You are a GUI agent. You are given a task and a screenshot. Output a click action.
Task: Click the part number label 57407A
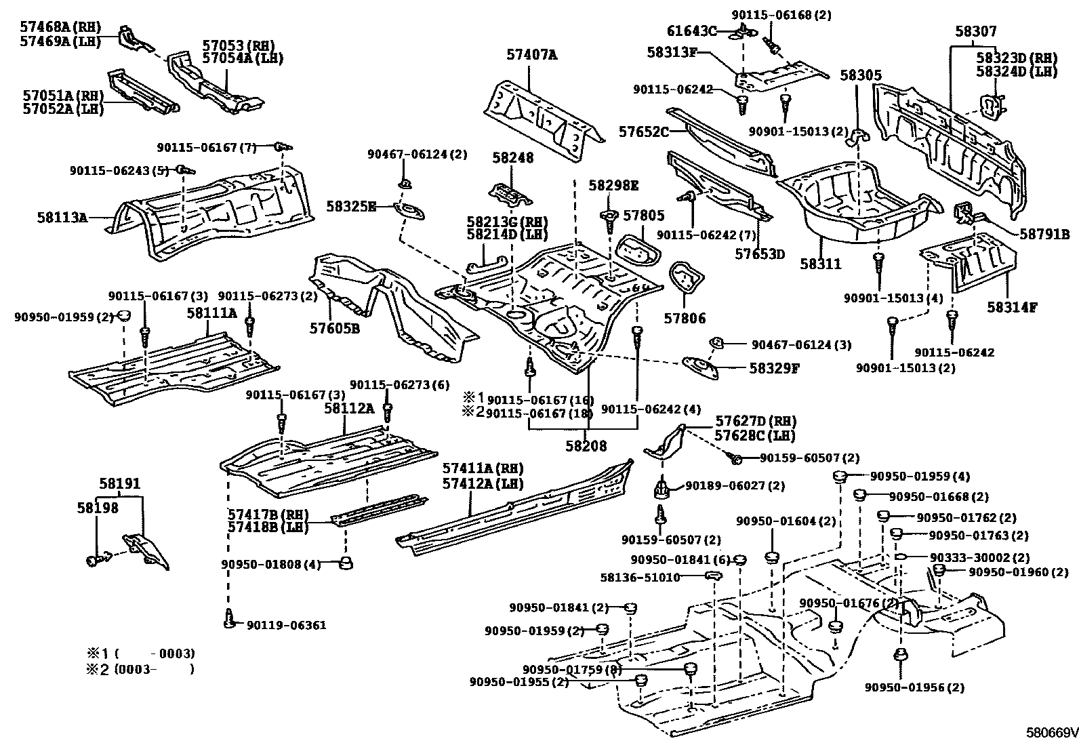click(x=531, y=55)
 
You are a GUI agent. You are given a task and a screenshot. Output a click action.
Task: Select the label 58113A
click(x=62, y=218)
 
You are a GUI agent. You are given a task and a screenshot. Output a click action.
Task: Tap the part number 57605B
click(x=334, y=328)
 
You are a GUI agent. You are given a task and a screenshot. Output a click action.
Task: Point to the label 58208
click(x=586, y=446)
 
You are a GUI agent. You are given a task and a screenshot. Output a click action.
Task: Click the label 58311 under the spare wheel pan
click(x=820, y=264)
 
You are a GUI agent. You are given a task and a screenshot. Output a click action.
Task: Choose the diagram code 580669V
click(x=1051, y=733)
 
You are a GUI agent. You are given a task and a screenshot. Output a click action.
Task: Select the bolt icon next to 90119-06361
click(x=229, y=618)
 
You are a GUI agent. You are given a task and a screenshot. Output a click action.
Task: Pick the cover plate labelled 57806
click(x=685, y=278)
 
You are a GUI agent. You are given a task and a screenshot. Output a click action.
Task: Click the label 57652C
click(x=643, y=132)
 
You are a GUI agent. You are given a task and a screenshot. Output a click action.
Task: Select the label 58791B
click(x=1044, y=235)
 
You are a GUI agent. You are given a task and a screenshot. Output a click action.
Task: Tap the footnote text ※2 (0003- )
click(x=140, y=669)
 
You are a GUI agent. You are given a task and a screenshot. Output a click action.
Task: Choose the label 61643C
click(x=691, y=31)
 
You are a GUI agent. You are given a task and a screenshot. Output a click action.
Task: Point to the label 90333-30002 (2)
click(x=970, y=557)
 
